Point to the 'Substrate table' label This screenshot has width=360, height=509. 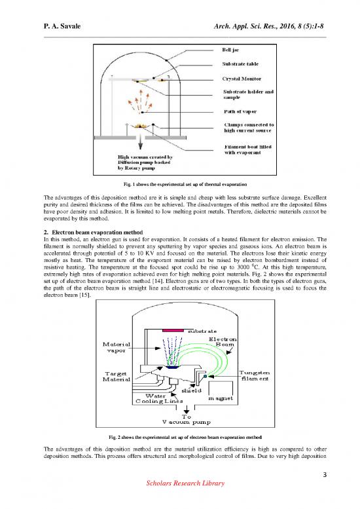[243, 64]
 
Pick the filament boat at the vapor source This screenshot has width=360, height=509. [141, 127]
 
